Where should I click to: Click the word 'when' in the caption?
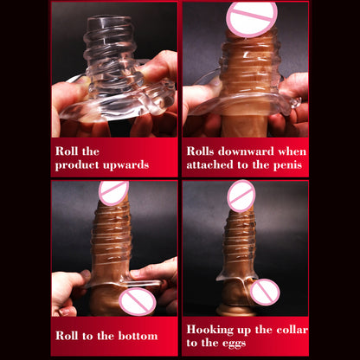(292, 151)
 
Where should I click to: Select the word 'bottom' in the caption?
(138, 336)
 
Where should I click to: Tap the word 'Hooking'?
(210, 330)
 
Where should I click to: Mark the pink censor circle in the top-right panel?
(252, 19)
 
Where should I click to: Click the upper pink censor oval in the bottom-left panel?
(113, 193)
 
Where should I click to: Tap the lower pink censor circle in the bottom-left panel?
(138, 301)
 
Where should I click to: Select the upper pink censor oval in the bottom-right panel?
(241, 196)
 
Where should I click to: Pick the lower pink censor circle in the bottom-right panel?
(265, 292)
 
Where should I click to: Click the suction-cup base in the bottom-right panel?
(236, 311)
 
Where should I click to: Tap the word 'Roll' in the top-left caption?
(67, 151)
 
